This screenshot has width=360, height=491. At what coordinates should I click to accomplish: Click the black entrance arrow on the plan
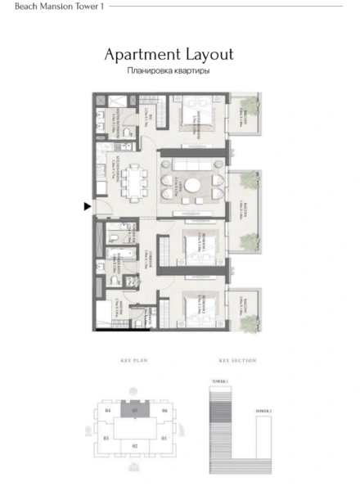pyautogui.click(x=87, y=207)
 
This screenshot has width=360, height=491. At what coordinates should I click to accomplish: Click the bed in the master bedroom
pyautogui.click(x=196, y=115)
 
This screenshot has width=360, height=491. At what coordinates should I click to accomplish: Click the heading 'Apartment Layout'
pyautogui.click(x=169, y=55)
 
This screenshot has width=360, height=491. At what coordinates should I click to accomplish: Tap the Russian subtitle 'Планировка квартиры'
pyautogui.click(x=169, y=71)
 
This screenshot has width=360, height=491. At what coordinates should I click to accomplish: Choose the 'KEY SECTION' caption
pyautogui.click(x=237, y=361)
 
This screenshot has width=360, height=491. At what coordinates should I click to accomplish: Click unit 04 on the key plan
pyautogui.click(x=106, y=410)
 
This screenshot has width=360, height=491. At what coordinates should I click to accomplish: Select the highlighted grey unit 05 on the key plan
pyautogui.click(x=135, y=410)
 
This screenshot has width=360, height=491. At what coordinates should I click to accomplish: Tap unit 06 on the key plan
pyautogui.click(x=164, y=410)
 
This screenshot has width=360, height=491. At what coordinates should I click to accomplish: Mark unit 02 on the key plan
pyautogui.click(x=135, y=445)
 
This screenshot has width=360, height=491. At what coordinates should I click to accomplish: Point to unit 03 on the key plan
pyautogui.click(x=106, y=439)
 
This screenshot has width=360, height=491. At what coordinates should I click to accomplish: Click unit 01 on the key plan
pyautogui.click(x=164, y=439)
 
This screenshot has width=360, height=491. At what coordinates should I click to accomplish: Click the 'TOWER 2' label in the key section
pyautogui.click(x=262, y=410)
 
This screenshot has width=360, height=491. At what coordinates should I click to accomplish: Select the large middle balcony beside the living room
pyautogui.click(x=243, y=209)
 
